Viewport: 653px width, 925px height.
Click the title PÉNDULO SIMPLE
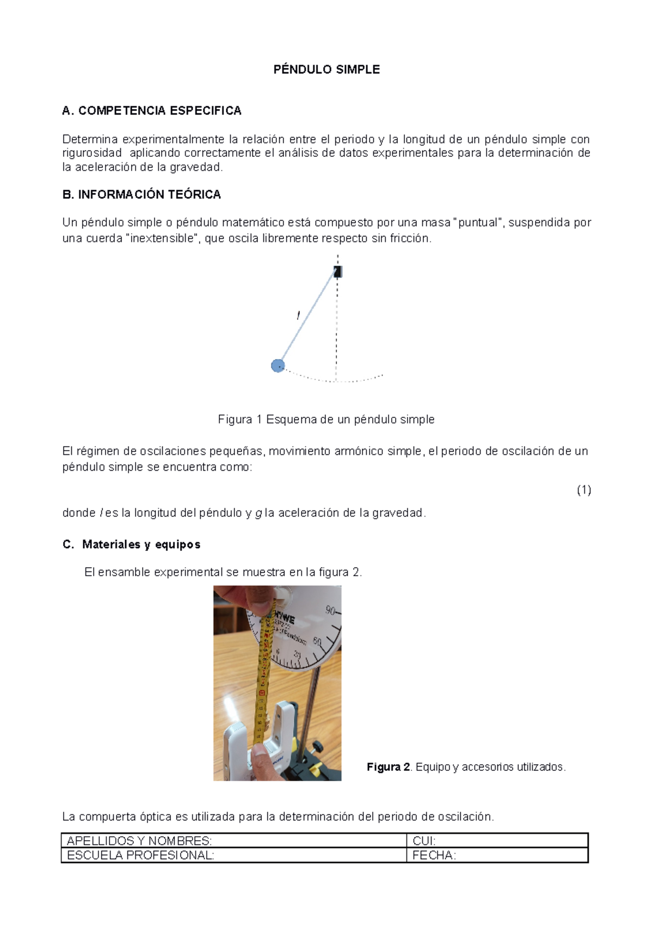click(x=326, y=70)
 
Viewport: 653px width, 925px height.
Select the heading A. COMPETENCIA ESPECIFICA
click(x=152, y=111)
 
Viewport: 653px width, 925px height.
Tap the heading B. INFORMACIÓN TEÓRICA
click(x=141, y=195)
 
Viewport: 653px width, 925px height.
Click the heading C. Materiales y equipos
click(x=132, y=545)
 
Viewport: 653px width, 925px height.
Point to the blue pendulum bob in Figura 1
click(x=278, y=366)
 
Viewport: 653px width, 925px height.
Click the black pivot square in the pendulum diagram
click(x=337, y=271)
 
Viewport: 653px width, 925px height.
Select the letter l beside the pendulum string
click(x=298, y=315)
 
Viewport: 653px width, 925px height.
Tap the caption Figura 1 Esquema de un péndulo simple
click(x=326, y=419)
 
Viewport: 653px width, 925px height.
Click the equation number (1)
click(x=584, y=490)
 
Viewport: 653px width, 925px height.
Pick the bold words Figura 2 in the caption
click(x=388, y=767)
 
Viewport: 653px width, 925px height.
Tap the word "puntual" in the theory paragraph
click(x=479, y=223)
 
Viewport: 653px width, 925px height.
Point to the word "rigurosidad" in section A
click(x=92, y=153)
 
